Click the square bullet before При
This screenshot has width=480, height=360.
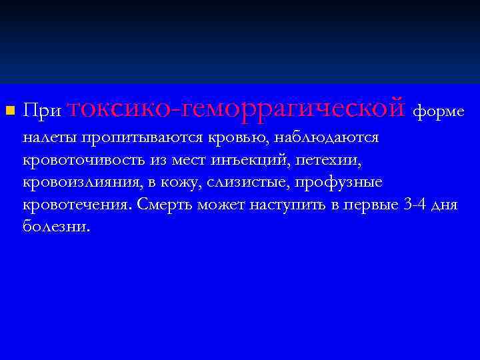[x=9, y=109]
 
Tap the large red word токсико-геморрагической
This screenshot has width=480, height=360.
[x=237, y=107]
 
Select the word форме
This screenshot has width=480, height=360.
[x=438, y=110]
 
